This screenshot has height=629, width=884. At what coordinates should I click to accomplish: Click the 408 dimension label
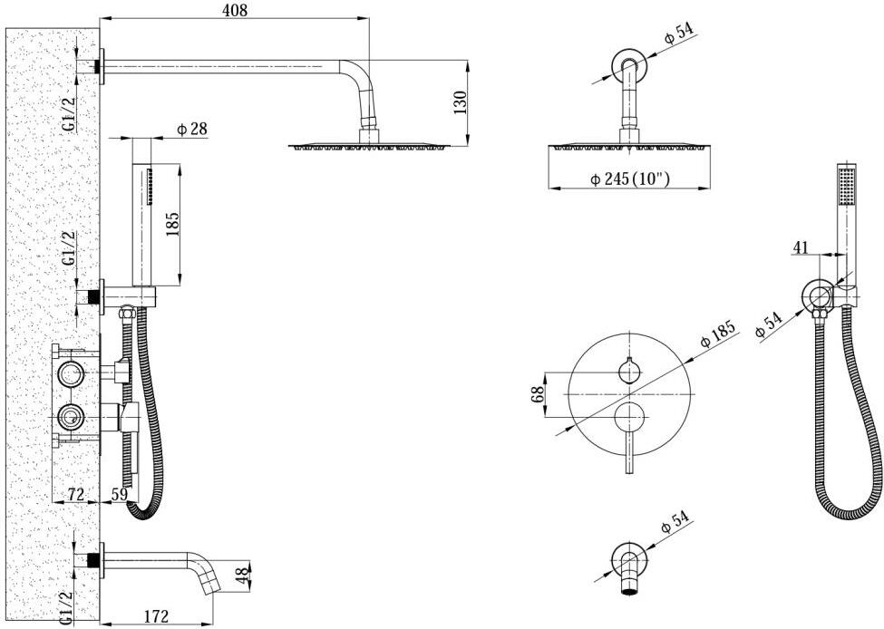pyautogui.click(x=235, y=10)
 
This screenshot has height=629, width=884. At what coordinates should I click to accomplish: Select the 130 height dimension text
pyautogui.click(x=460, y=102)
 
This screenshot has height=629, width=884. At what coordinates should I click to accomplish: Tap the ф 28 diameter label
pyautogui.click(x=191, y=129)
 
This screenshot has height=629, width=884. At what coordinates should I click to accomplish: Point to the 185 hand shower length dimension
pyautogui.click(x=172, y=223)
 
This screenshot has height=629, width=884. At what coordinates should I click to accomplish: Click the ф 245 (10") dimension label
pyautogui.click(x=630, y=179)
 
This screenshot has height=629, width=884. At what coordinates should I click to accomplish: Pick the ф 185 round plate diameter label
pyautogui.click(x=718, y=334)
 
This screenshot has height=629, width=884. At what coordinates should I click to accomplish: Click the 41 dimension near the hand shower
pyautogui.click(x=801, y=247)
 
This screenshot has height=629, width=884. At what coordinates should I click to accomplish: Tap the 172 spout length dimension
pyautogui.click(x=156, y=616)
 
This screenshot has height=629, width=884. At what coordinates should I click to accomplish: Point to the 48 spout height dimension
pyautogui.click(x=242, y=576)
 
